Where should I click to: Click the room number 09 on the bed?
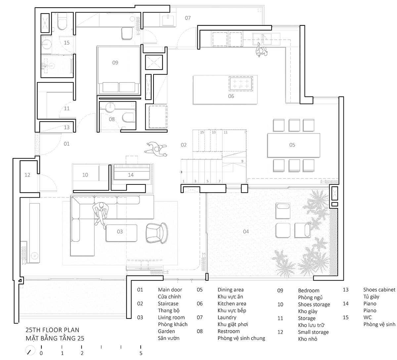[115, 63]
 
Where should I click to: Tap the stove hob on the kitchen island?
[241, 83]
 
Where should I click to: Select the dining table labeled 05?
[293, 145]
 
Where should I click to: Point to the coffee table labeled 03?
[121, 233]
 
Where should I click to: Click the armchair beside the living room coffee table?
[157, 233]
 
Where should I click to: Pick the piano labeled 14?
[132, 172]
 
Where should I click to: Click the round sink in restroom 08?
[110, 107]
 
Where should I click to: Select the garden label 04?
[246, 231]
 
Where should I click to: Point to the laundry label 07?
[188, 18]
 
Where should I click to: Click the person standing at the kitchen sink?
[261, 51]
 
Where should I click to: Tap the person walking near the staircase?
[156, 149]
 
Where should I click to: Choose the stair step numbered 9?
[242, 161]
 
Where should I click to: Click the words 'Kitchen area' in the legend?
[232, 304]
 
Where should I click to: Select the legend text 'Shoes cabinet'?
[379, 290]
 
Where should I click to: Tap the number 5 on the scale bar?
[141, 353]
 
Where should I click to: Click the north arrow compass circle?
[30, 350]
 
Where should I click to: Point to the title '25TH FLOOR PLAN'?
[52, 330]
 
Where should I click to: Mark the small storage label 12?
[27, 175]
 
